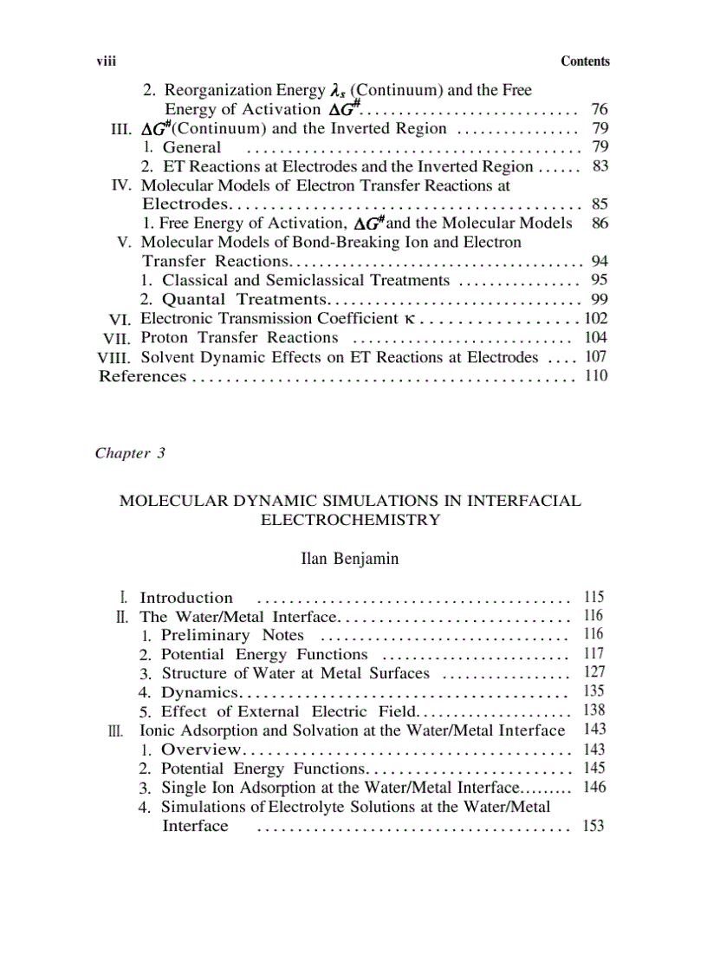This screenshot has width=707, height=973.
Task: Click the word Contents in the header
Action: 585,62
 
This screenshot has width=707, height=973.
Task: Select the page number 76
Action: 598,109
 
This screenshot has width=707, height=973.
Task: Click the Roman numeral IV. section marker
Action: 120,185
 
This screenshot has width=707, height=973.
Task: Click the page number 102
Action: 596,318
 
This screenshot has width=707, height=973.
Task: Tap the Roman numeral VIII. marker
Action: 115,356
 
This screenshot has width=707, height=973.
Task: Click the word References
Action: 143,375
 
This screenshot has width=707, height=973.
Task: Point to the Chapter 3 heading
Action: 130,454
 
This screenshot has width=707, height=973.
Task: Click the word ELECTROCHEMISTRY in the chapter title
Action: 350,520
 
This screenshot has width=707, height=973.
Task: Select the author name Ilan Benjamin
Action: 349,559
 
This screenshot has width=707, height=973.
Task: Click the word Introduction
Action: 186,598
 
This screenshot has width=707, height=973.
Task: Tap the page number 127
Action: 594,673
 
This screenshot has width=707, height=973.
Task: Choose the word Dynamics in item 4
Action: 199,692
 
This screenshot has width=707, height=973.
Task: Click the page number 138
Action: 594,711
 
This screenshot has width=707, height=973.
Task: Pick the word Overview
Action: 201,749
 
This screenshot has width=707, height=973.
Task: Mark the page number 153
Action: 593,826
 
